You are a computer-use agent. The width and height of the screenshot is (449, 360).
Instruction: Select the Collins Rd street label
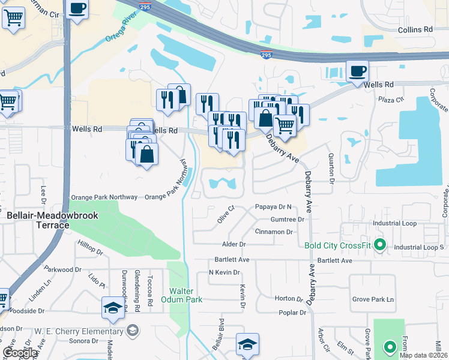coord(415,29)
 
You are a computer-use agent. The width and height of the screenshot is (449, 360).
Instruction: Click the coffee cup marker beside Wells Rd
coord(357,71)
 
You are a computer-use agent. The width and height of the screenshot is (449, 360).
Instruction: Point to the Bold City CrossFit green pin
coord(379,245)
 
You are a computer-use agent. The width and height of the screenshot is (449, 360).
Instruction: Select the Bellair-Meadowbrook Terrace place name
coord(38,219)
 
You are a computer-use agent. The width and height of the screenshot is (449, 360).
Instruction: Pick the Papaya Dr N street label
coord(273,207)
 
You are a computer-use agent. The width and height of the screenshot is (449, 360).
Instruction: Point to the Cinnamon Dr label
coord(273,232)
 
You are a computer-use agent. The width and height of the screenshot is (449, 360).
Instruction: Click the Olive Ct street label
coord(226,215)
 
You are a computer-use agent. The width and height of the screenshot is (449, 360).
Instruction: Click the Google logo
coord(20,353)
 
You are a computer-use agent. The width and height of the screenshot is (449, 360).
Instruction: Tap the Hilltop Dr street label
coord(91,248)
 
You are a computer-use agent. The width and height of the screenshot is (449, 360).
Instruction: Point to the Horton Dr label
coord(288,299)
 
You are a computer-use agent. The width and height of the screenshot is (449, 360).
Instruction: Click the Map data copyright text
coord(424,355)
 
